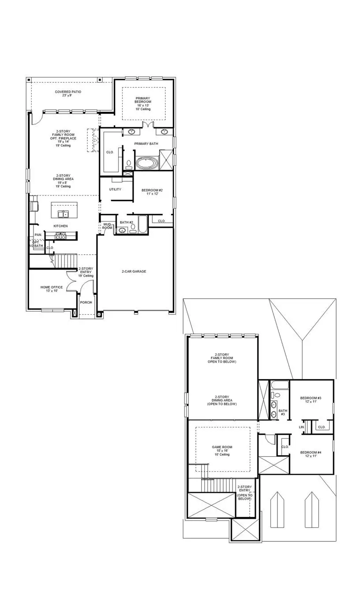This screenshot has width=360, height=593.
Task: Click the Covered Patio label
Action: [68, 94]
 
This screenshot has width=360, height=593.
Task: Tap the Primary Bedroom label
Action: [143, 103]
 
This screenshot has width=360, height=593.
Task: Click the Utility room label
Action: [115, 189]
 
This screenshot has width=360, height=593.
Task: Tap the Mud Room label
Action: [107, 226]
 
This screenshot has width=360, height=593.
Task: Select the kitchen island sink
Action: [64, 214]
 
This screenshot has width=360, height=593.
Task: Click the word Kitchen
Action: [60, 226]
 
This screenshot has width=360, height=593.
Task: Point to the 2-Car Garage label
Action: [134, 271]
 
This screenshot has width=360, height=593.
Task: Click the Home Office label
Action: [52, 289]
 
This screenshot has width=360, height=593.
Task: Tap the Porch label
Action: [86, 302]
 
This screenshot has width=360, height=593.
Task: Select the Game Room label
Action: [222, 450]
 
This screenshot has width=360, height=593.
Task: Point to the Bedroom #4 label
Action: [311, 454]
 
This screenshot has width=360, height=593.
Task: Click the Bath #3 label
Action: [283, 413]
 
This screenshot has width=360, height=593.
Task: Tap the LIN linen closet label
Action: [302, 427]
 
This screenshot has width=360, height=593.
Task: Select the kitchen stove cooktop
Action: [60, 236]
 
